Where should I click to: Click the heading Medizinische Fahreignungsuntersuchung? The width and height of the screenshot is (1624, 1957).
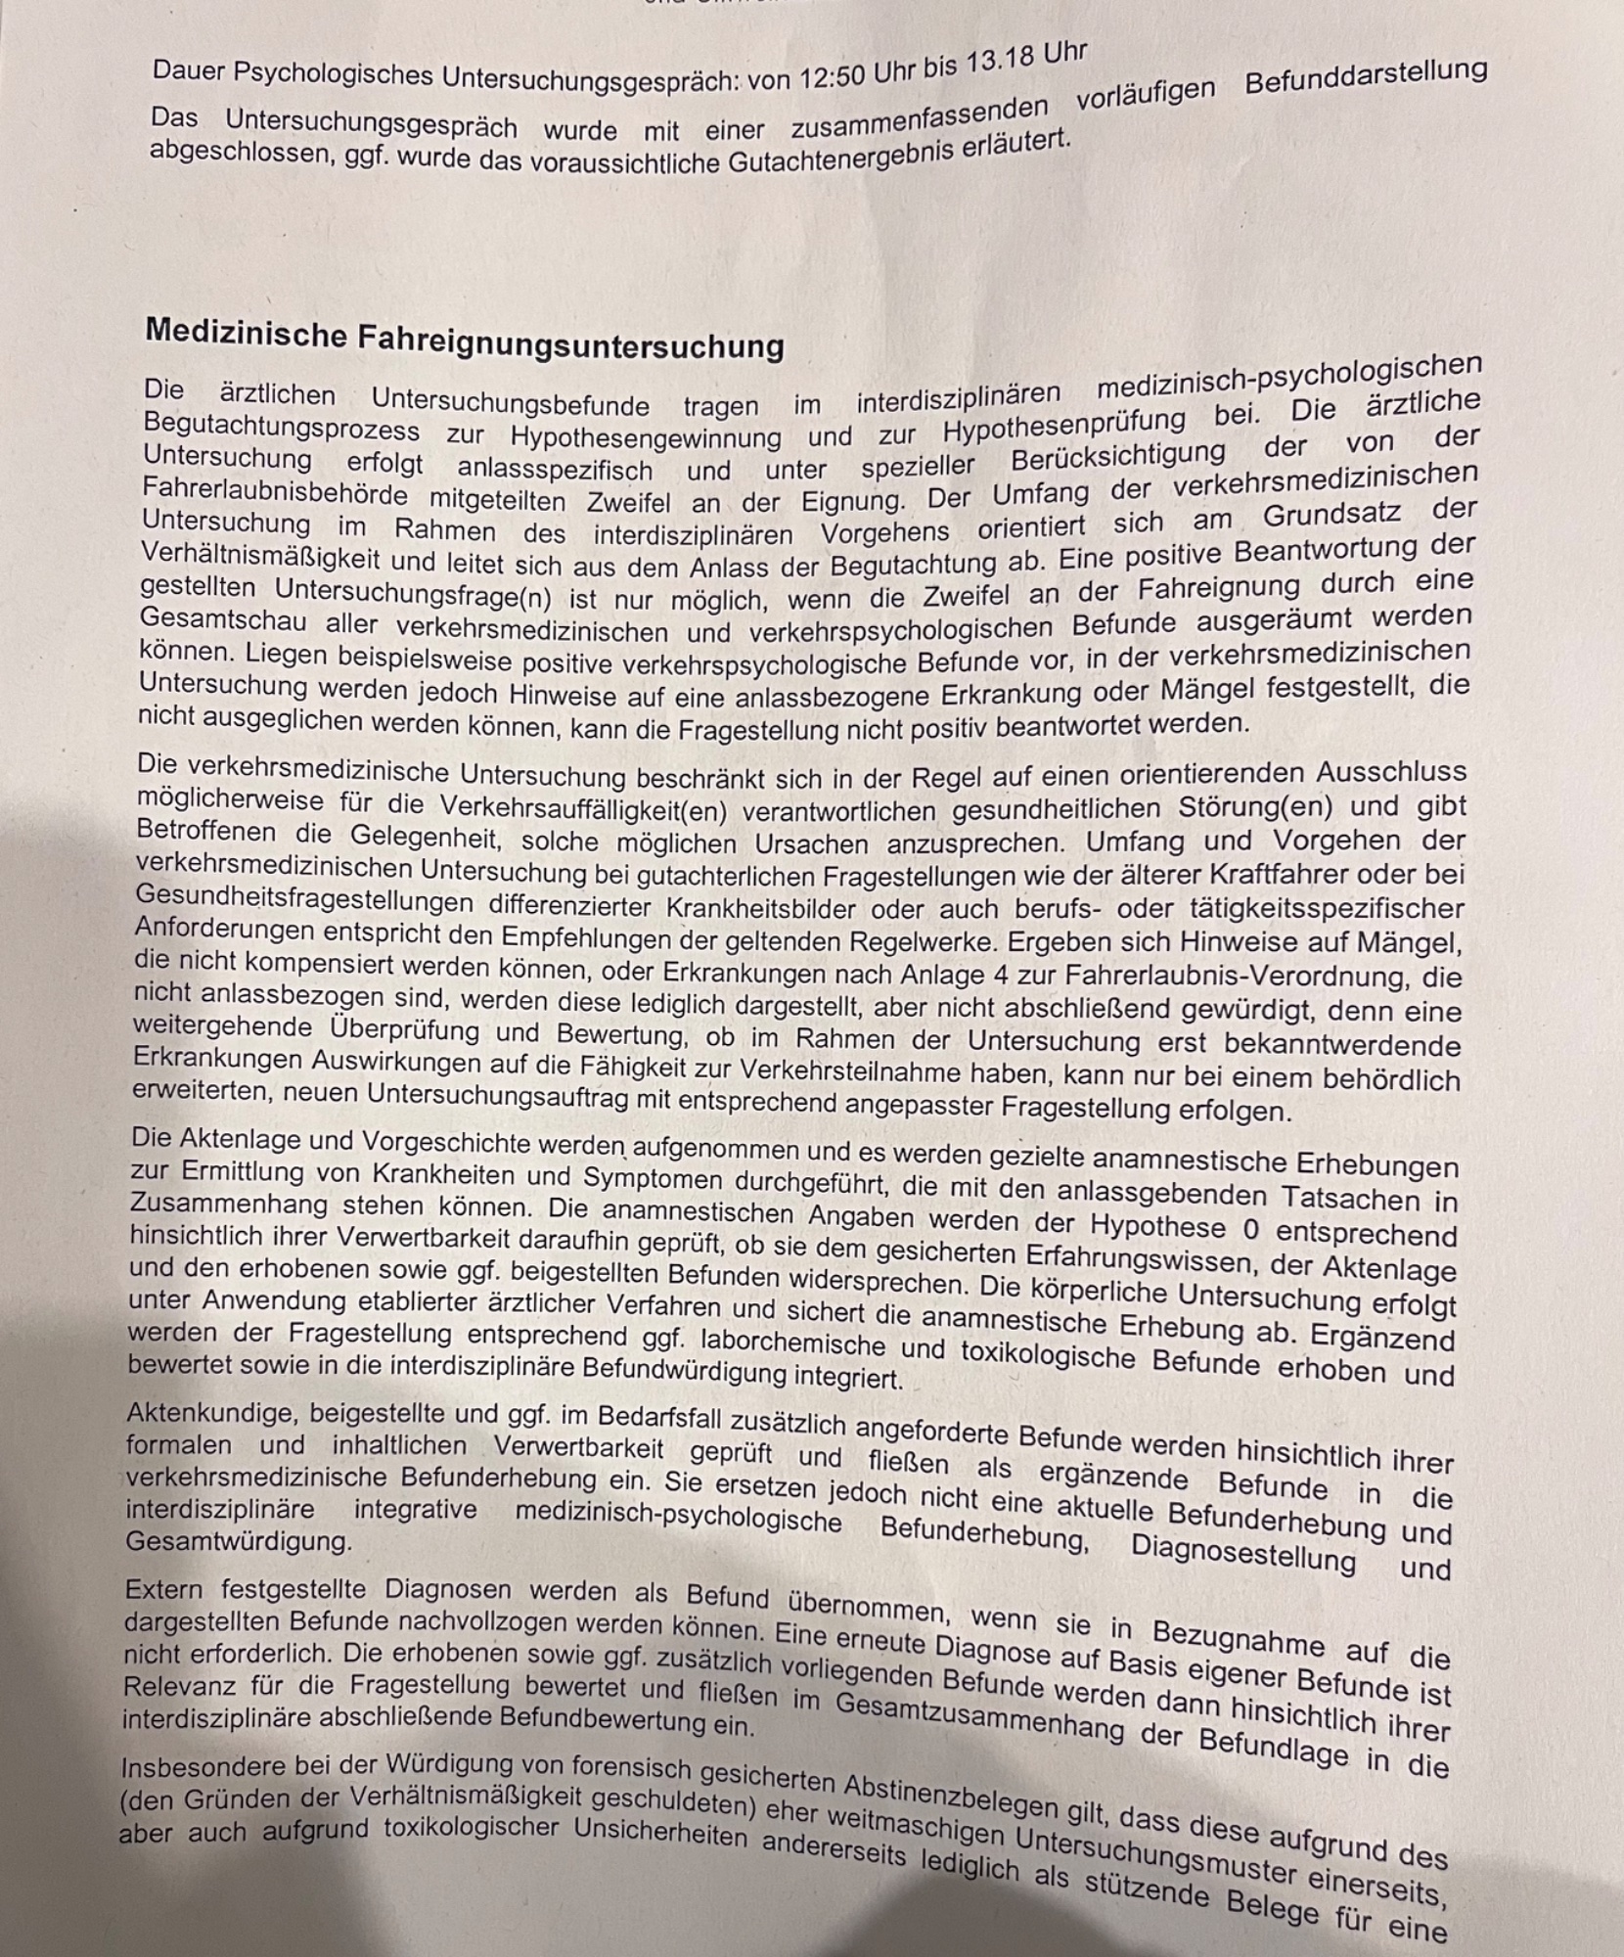tap(465, 340)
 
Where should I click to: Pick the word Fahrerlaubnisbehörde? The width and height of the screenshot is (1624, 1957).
tap(275, 493)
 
